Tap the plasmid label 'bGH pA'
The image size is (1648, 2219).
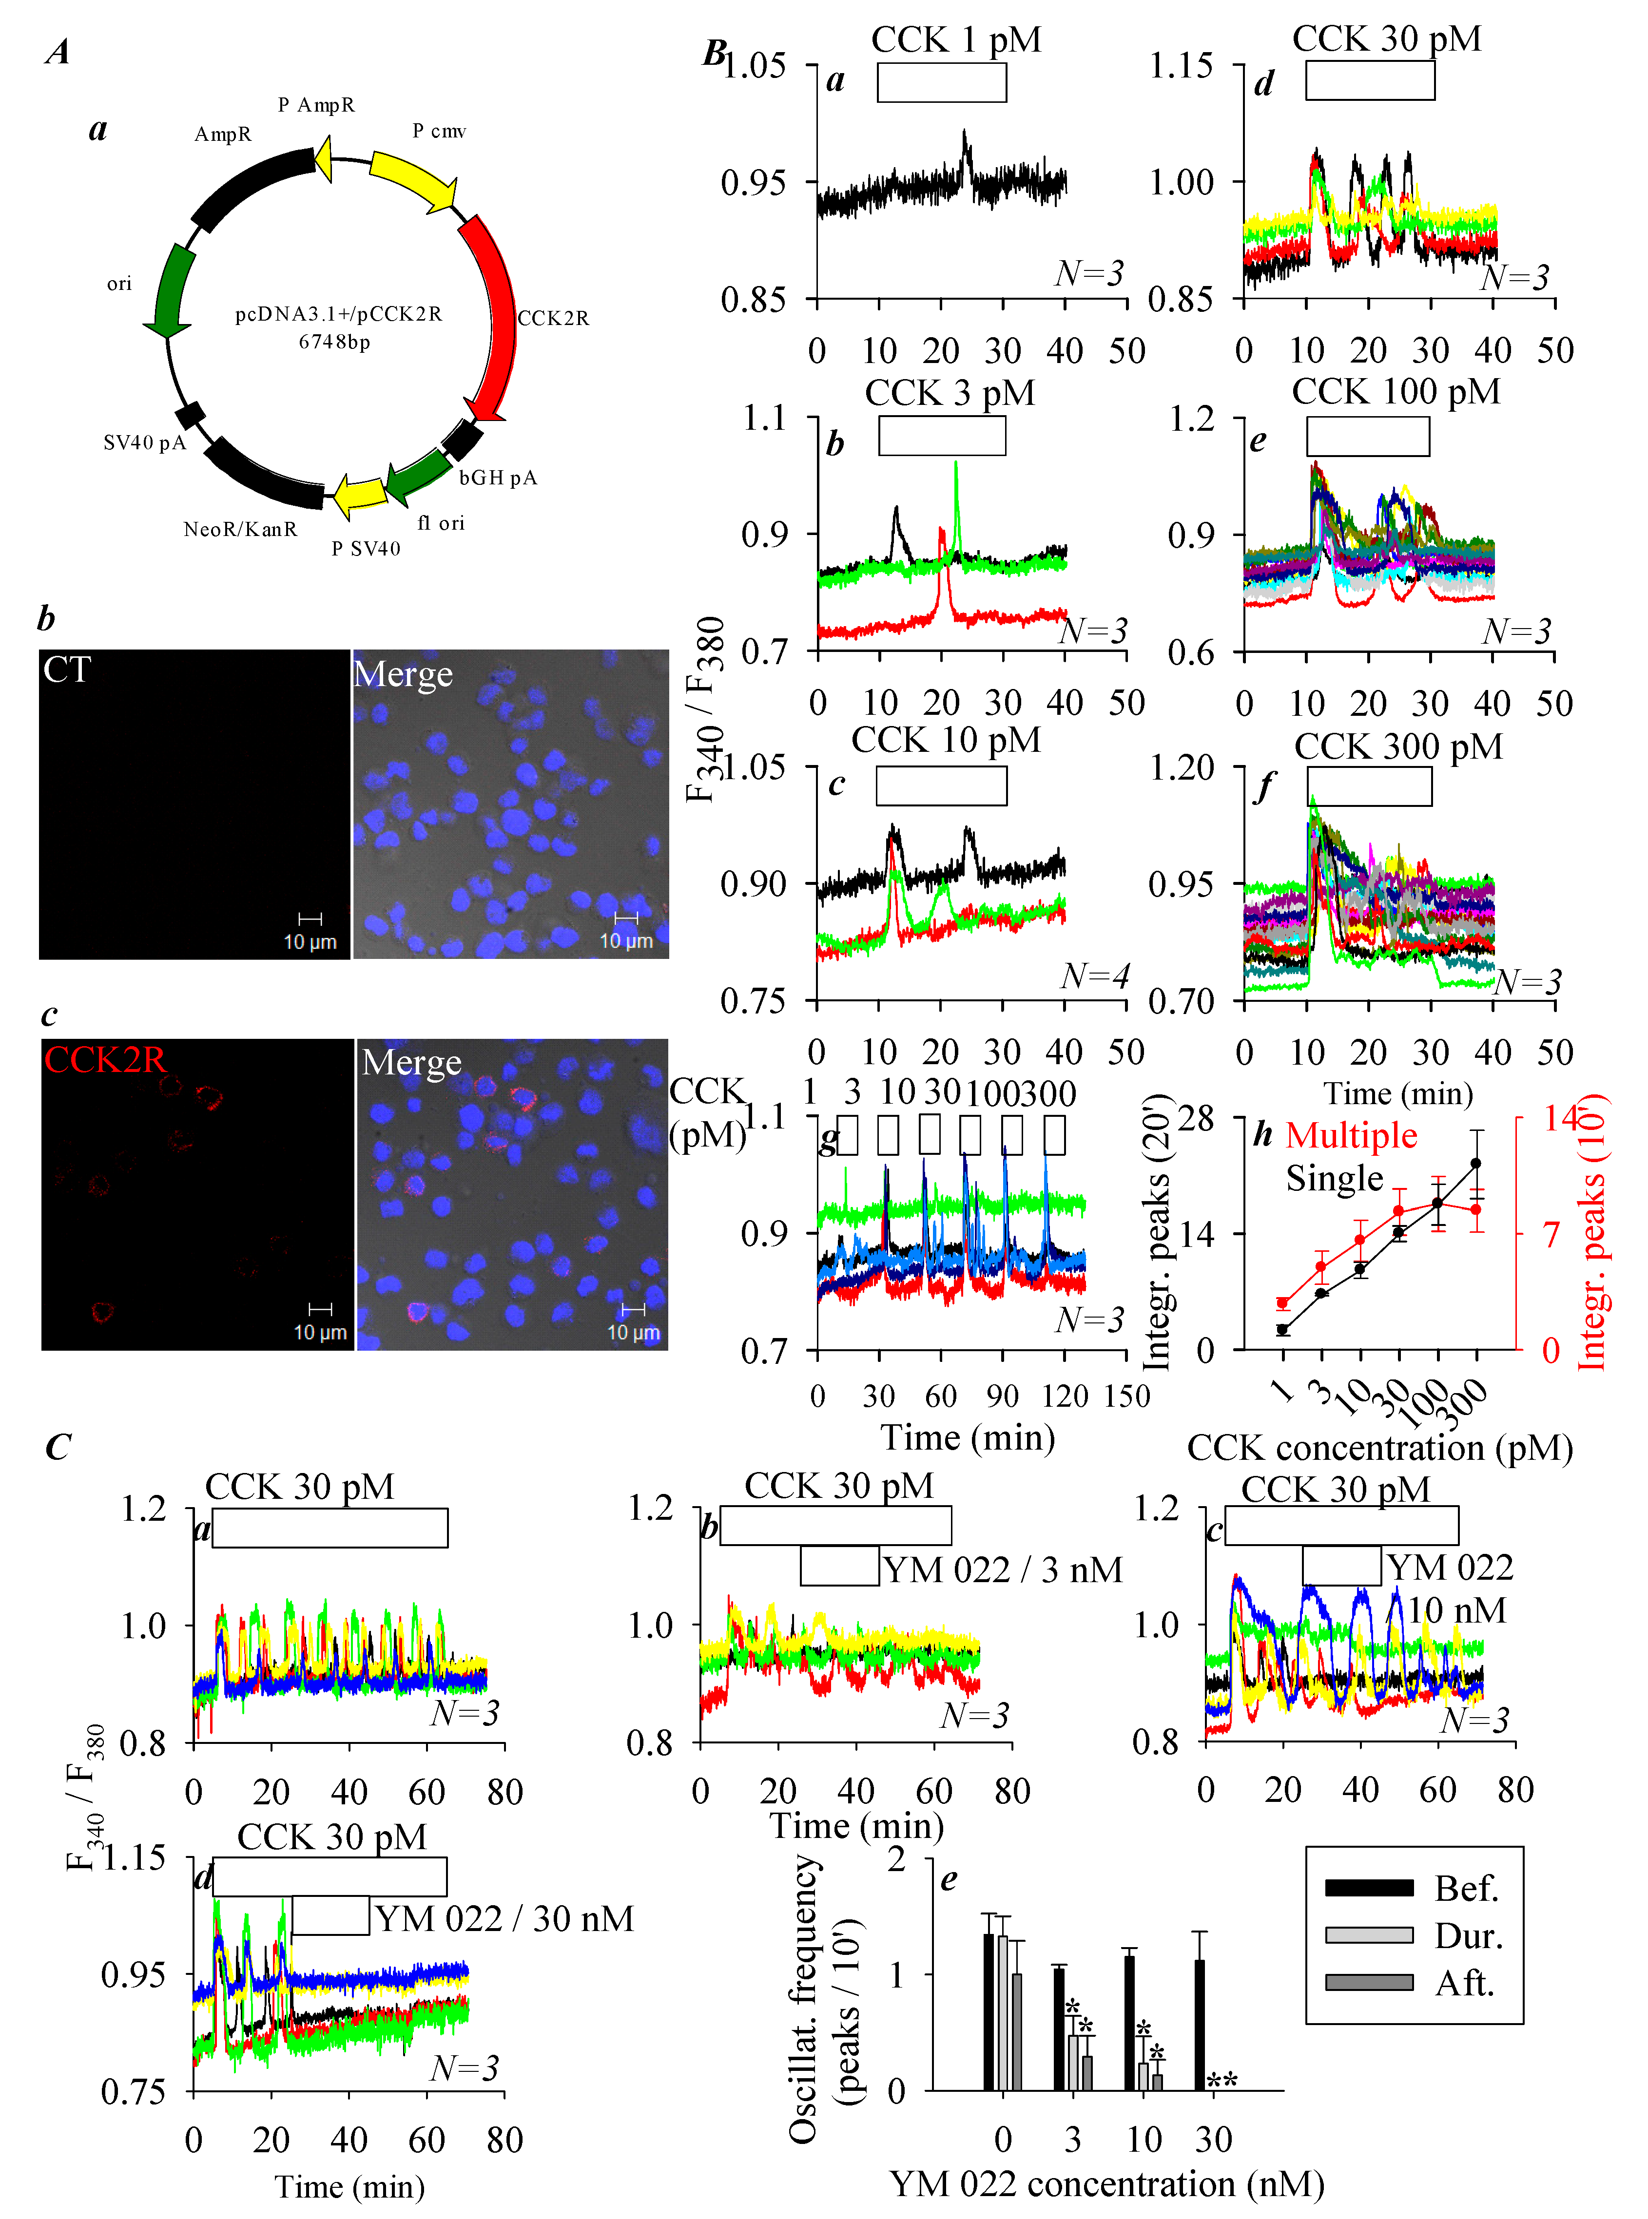click(498, 478)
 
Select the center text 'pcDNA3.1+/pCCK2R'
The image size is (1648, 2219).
click(338, 314)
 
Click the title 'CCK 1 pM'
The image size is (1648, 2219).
click(956, 40)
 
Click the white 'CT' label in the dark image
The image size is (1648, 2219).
click(67, 669)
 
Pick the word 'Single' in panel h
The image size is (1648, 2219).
click(1334, 1179)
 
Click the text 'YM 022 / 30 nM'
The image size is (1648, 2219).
click(504, 1918)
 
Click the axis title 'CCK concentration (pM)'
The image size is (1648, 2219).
click(1379, 1447)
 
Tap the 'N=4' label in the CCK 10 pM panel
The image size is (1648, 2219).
click(1094, 976)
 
